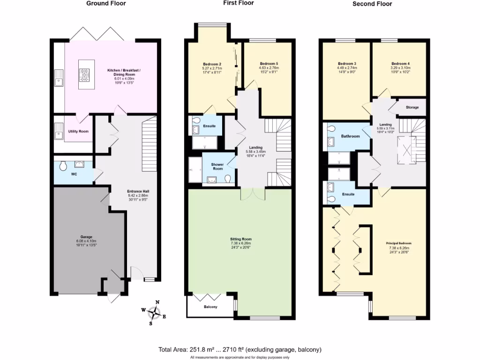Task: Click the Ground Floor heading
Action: (106, 3)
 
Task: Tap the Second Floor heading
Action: (372, 4)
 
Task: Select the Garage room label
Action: (86, 237)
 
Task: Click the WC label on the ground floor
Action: (74, 174)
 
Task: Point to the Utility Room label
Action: (78, 131)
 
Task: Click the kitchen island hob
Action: (85, 73)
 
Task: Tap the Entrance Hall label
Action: (138, 191)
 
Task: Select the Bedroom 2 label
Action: (212, 64)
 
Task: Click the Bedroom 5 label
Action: (269, 64)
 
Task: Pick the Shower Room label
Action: (217, 166)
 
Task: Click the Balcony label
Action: (210, 307)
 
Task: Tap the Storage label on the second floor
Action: (412, 107)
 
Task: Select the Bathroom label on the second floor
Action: (350, 136)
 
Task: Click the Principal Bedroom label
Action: (399, 243)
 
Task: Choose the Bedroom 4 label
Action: (400, 64)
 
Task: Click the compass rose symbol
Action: (154, 311)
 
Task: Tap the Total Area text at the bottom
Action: (240, 350)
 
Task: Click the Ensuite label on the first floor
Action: (209, 126)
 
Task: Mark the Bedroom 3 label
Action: (347, 64)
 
